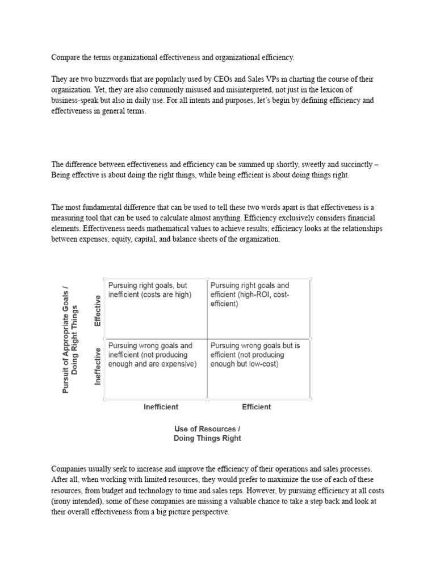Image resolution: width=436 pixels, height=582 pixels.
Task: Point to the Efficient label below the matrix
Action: (256, 407)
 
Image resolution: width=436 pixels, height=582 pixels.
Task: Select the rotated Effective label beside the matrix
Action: (98, 310)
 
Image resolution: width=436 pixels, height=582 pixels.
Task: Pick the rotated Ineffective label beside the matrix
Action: (98, 366)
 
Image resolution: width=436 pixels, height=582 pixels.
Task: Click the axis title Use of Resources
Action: (207, 428)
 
